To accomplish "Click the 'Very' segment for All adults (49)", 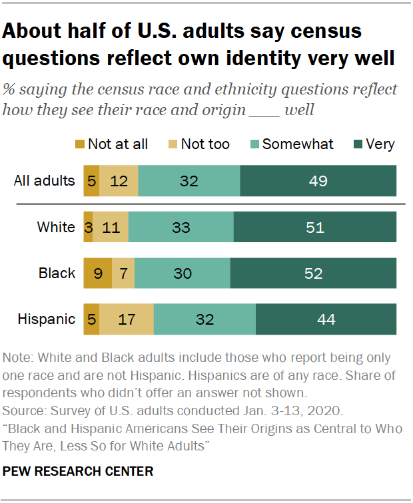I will tap(318, 181).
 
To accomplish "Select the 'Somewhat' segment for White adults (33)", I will tap(181, 227).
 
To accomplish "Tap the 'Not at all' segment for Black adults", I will tap(97, 273).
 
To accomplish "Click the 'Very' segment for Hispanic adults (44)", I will tap(326, 319).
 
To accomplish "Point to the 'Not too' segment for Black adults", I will tap(123, 273).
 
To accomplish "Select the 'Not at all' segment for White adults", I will tap(88, 227).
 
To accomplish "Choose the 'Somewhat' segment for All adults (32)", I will tap(189, 181).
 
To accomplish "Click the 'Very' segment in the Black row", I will tap(313, 273).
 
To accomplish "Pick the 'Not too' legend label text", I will tap(205, 144).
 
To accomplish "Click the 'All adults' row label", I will tap(45, 181).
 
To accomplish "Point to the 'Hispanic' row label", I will tap(46, 319).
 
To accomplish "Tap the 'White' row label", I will tap(56, 227).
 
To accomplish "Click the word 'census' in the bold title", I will tap(315, 31).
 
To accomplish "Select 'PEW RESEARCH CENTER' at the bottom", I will tap(79, 472).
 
